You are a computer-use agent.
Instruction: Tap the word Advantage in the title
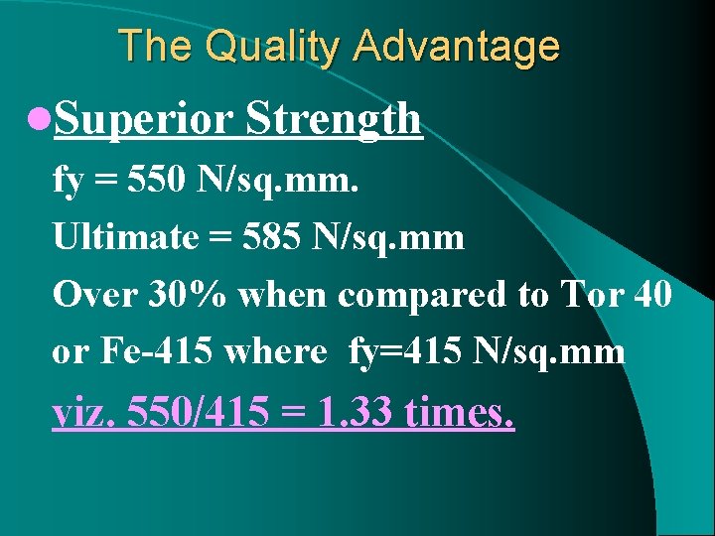point(456,47)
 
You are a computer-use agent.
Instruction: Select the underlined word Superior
point(143,120)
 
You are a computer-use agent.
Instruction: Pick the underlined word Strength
point(334,120)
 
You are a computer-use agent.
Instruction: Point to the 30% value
point(177,295)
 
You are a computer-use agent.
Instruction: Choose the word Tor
point(593,295)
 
